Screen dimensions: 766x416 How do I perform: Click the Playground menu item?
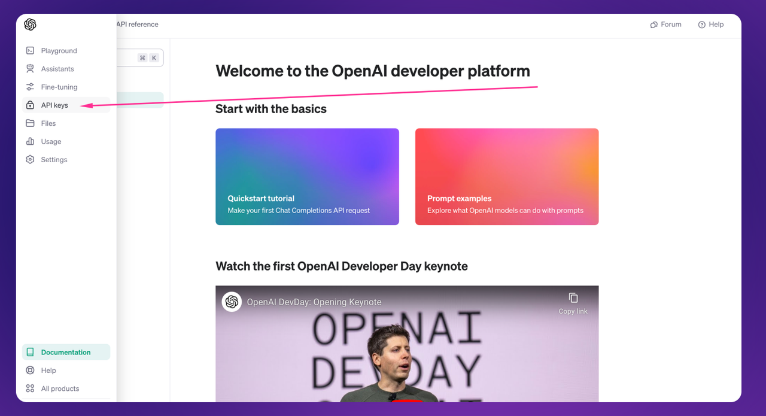(59, 51)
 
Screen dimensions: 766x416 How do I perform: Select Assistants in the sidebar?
(57, 69)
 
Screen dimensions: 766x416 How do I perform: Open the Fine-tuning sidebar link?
(59, 87)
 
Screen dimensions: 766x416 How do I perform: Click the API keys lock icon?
(30, 105)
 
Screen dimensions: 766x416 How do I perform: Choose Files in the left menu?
(48, 123)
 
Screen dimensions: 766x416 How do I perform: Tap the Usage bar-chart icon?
(30, 141)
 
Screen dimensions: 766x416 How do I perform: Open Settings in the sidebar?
(54, 159)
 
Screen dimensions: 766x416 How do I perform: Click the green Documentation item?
(66, 352)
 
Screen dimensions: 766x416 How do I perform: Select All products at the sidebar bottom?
(60, 388)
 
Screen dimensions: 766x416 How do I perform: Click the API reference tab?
(138, 25)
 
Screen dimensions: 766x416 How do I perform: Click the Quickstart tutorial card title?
(261, 198)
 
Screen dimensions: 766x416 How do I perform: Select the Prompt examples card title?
(459, 198)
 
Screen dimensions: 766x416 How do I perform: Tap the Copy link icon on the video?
(573, 298)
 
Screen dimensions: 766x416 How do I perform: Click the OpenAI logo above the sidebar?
(30, 25)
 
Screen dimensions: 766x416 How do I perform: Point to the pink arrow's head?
(81, 106)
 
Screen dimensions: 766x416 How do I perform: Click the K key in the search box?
(154, 58)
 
